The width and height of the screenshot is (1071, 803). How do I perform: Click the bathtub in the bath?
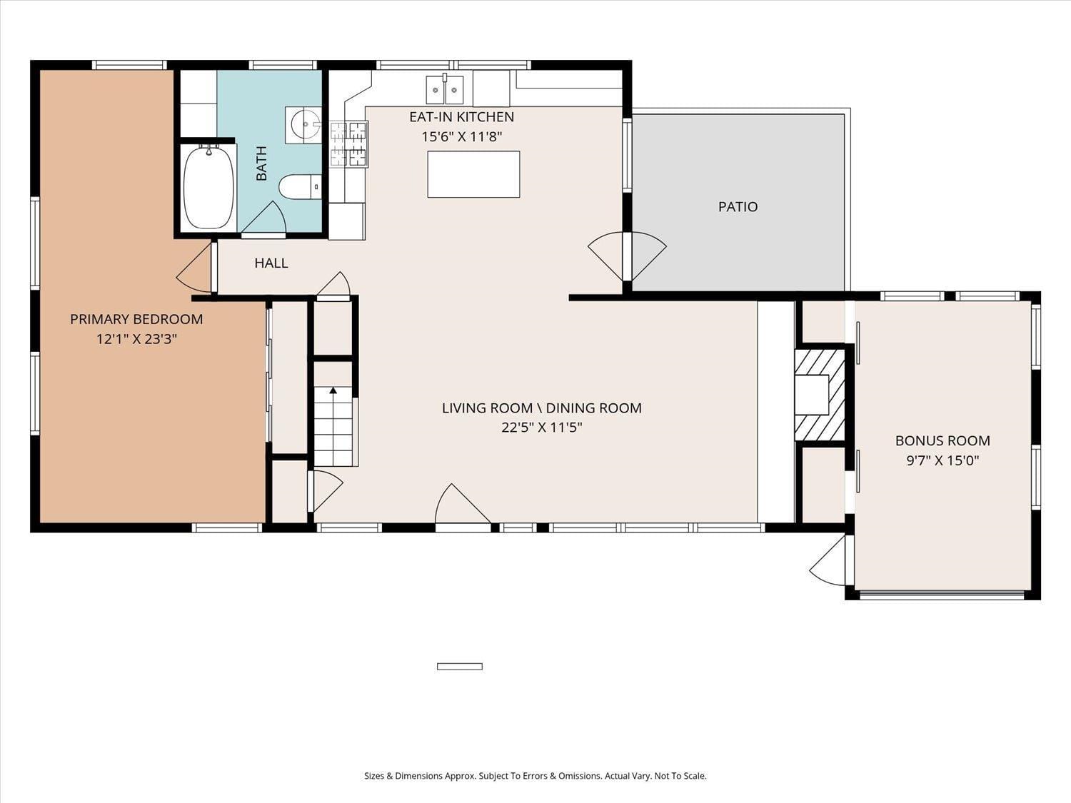pos(208,188)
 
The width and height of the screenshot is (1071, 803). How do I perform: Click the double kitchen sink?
pos(445,90)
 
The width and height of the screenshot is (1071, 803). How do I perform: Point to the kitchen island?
pos(473,174)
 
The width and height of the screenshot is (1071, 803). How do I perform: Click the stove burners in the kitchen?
pos(348,143)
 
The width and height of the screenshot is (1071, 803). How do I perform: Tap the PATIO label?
pos(738,207)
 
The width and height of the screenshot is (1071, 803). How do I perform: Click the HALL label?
pos(271,263)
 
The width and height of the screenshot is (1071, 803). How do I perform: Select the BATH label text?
pos(261,163)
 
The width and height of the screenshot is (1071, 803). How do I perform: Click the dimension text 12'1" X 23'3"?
pos(136,339)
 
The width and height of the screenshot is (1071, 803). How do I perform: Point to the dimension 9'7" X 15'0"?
pos(942,460)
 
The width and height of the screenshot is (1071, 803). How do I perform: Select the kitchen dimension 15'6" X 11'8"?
pos(461,136)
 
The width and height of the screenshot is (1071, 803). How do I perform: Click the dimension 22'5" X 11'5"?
pos(541,428)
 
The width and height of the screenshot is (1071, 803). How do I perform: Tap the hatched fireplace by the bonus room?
pos(820,393)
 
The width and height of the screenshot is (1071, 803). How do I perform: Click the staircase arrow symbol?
pos(333,390)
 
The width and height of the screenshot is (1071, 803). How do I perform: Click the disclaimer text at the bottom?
pos(535,776)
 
